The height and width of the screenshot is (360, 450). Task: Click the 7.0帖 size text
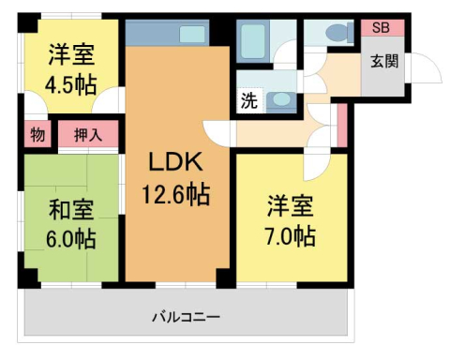pyautogui.click(x=291, y=234)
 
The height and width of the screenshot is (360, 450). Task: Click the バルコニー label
pyautogui.click(x=187, y=317)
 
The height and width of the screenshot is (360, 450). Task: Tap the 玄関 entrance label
pyautogui.click(x=383, y=63)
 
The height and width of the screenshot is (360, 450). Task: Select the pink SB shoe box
pyautogui.click(x=382, y=27)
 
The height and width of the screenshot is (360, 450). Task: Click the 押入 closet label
pyautogui.click(x=88, y=135)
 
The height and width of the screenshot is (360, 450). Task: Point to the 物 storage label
pyautogui.click(x=37, y=135)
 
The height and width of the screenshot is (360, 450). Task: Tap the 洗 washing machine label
pyautogui.click(x=249, y=100)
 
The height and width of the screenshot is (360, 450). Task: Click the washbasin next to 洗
pyautogui.click(x=280, y=100)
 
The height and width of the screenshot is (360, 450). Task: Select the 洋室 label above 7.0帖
pyautogui.click(x=291, y=203)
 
